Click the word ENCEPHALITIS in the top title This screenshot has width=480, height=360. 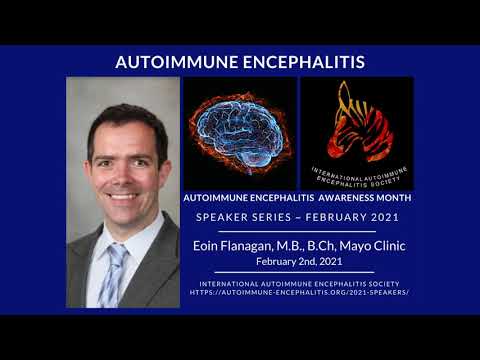point(301,62)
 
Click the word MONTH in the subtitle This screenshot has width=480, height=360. point(392,198)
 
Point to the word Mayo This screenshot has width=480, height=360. point(351,245)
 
